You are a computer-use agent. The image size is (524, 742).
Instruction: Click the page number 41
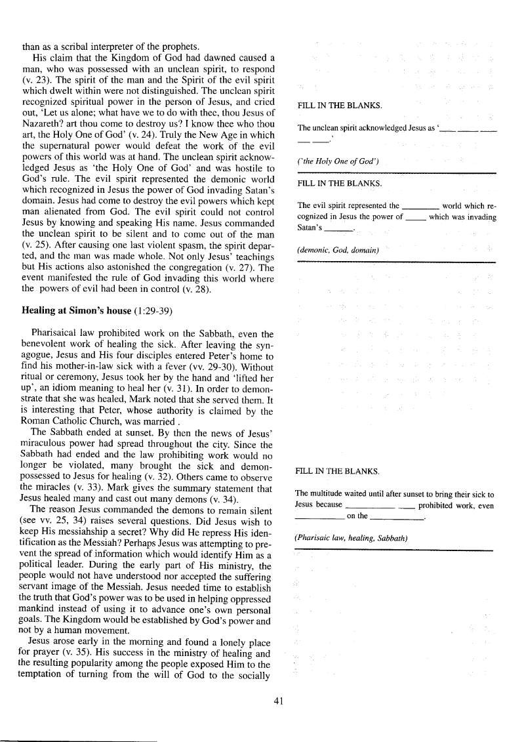coord(277,701)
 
